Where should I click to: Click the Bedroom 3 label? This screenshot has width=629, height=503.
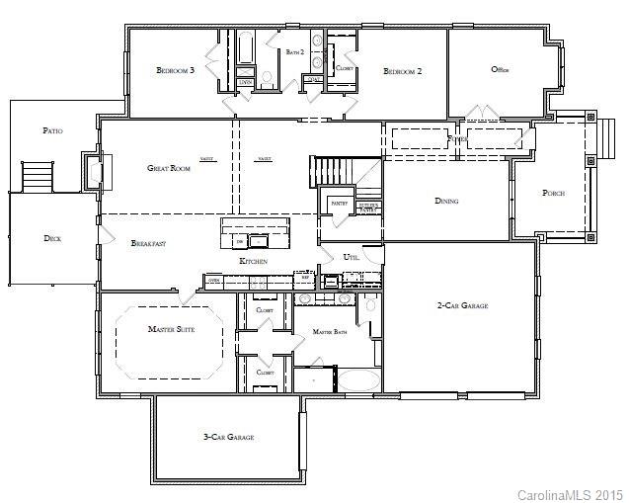176,71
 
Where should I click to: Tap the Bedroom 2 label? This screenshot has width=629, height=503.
403,71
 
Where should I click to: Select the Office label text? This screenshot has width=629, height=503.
500,69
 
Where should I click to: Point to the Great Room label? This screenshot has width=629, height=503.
169,168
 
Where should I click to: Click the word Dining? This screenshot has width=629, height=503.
446,201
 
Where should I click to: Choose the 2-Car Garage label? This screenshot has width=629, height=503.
462,306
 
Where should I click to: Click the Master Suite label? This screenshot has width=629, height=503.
171,329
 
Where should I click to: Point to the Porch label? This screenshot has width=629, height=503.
554,194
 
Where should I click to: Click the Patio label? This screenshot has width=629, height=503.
53,130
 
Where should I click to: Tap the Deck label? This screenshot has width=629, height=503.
52,238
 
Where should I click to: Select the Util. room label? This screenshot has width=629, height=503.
351,257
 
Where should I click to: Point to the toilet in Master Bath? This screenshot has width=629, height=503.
370,304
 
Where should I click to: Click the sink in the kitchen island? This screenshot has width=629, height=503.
260,240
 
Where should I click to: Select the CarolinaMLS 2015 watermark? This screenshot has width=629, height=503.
571,493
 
